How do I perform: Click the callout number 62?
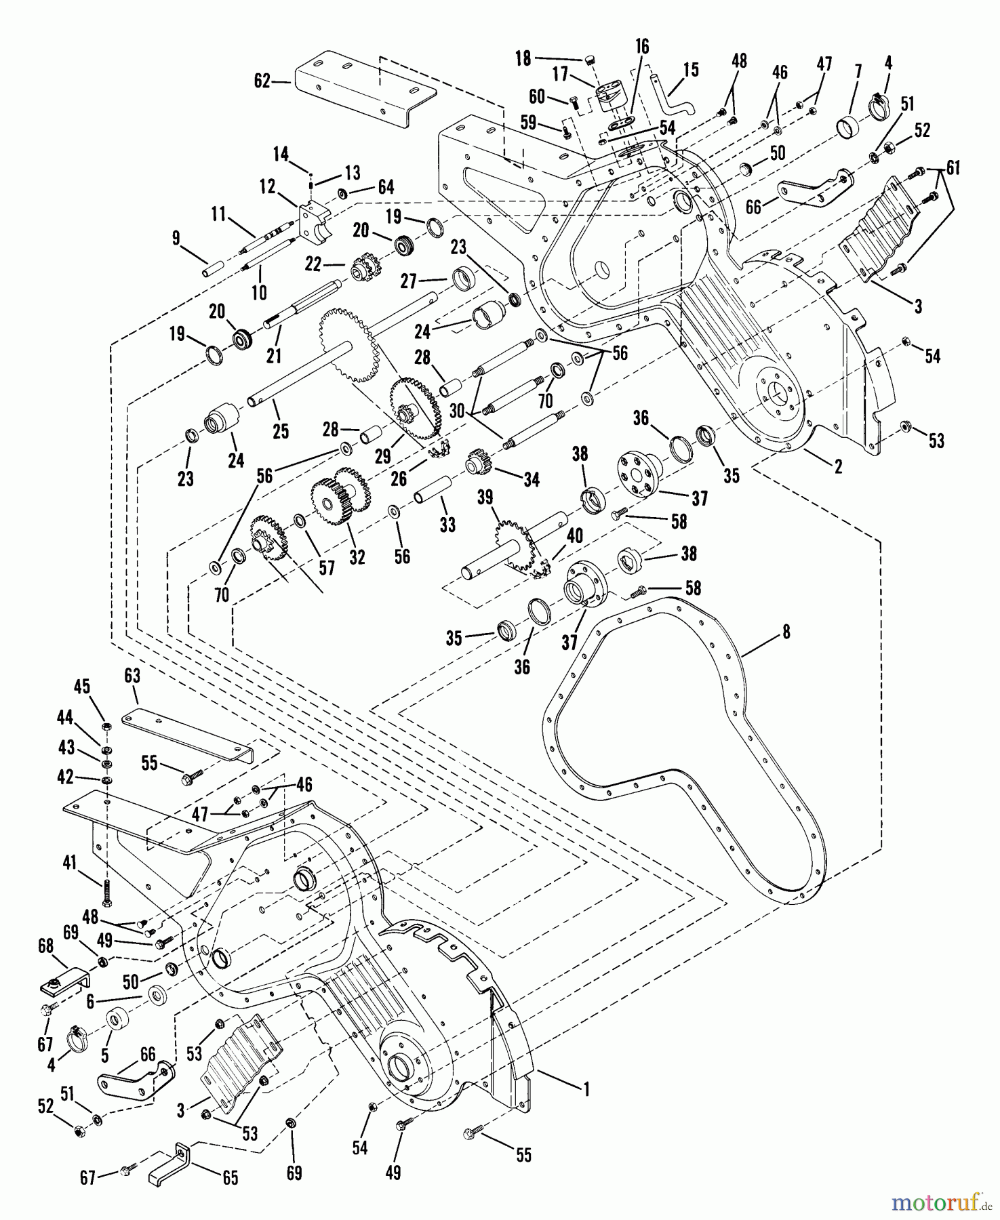point(262,81)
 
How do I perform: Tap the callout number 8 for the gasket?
point(786,632)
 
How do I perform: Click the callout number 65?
point(231,1178)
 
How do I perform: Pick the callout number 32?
point(357,556)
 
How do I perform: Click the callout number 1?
point(586,1089)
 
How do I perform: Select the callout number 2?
point(838,466)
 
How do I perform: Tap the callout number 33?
point(447,525)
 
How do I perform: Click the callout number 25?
point(281,431)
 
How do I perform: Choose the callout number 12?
point(268,185)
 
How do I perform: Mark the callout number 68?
point(45,945)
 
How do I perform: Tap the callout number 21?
point(274,354)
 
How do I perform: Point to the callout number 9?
point(176,238)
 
